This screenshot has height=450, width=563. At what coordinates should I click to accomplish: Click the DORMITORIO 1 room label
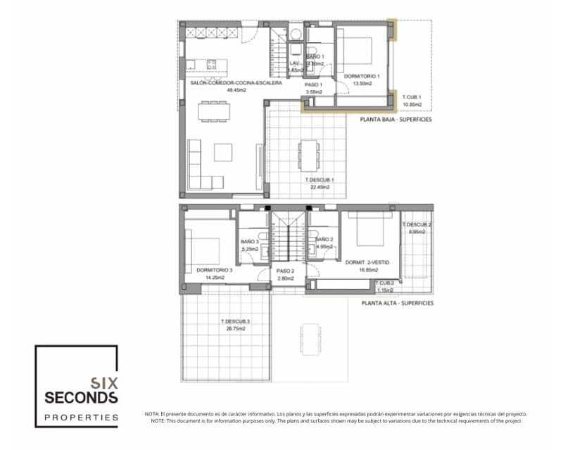[362, 76]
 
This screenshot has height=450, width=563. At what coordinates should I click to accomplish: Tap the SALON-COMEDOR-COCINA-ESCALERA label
[236, 83]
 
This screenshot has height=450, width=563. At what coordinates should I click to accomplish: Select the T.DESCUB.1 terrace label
[320, 180]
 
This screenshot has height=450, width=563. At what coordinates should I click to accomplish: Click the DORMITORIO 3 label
[215, 270]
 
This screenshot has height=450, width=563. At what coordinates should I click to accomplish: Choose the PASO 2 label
[285, 271]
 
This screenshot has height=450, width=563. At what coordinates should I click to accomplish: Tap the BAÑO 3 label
[250, 241]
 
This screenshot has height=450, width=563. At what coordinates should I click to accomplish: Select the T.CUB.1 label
[412, 97]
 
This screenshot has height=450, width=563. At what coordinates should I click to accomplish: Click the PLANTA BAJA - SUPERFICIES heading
[396, 120]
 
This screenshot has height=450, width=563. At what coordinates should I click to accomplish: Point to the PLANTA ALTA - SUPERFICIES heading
[397, 303]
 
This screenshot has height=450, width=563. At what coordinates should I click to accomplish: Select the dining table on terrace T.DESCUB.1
[308, 155]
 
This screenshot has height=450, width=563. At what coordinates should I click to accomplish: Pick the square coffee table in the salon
[223, 153]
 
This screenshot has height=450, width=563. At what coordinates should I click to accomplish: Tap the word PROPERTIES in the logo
[81, 417]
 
